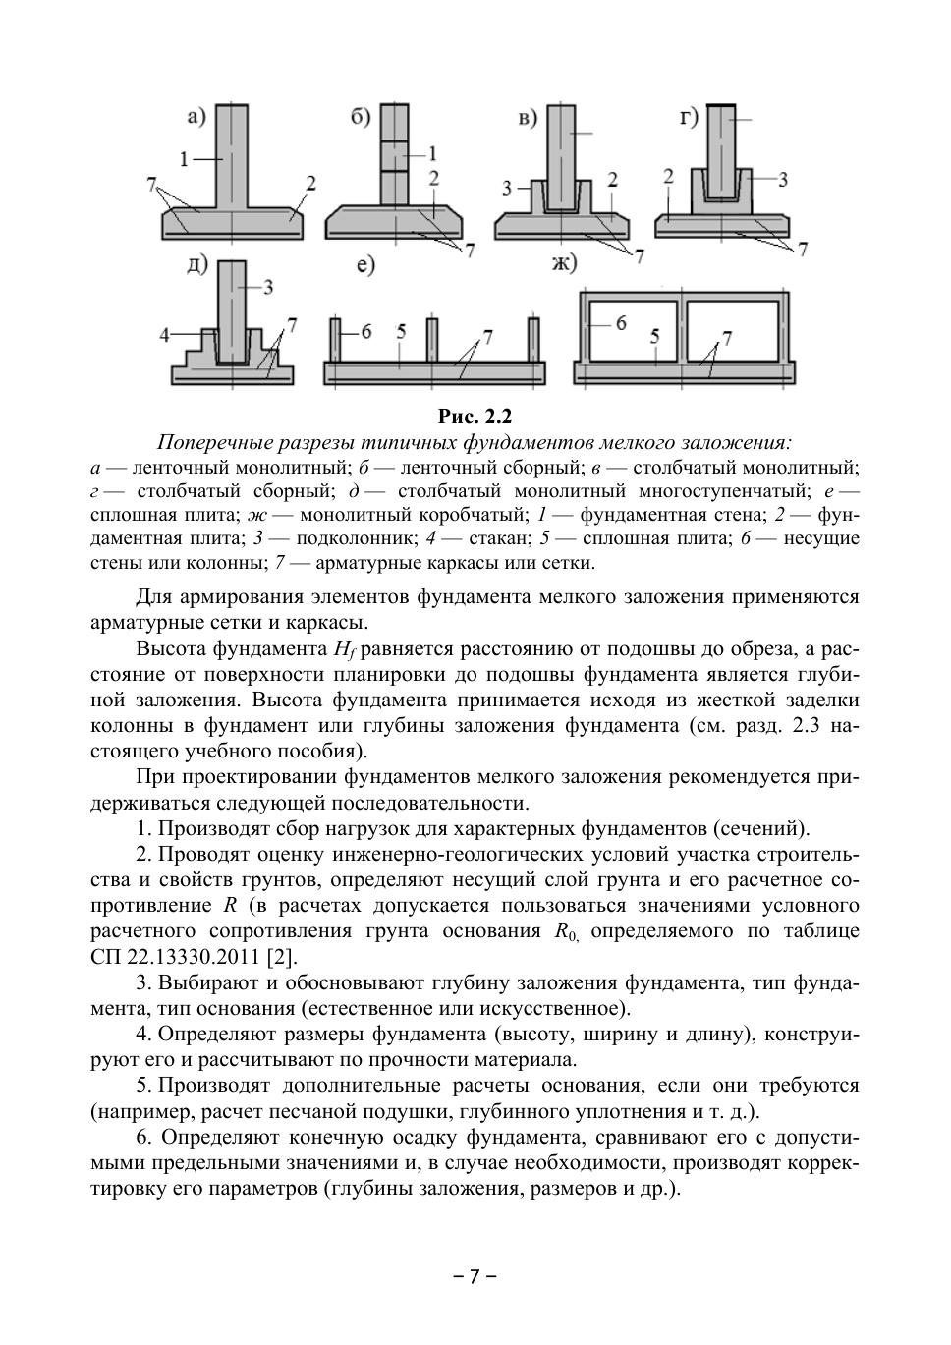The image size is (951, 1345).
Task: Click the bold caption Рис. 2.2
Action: [x=475, y=417]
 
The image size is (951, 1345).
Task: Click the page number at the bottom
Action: [x=475, y=1276]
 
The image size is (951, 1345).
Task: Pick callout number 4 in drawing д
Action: [x=166, y=334]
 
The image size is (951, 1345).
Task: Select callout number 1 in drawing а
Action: [x=185, y=157]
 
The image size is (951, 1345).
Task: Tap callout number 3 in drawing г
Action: [x=783, y=179]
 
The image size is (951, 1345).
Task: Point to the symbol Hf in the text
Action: [x=343, y=649]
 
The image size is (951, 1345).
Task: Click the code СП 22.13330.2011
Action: [x=176, y=957]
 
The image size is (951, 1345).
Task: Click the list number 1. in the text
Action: [x=145, y=828]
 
